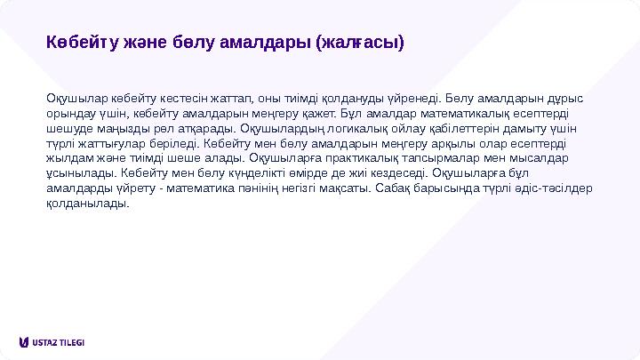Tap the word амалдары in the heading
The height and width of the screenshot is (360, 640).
(266, 42)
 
